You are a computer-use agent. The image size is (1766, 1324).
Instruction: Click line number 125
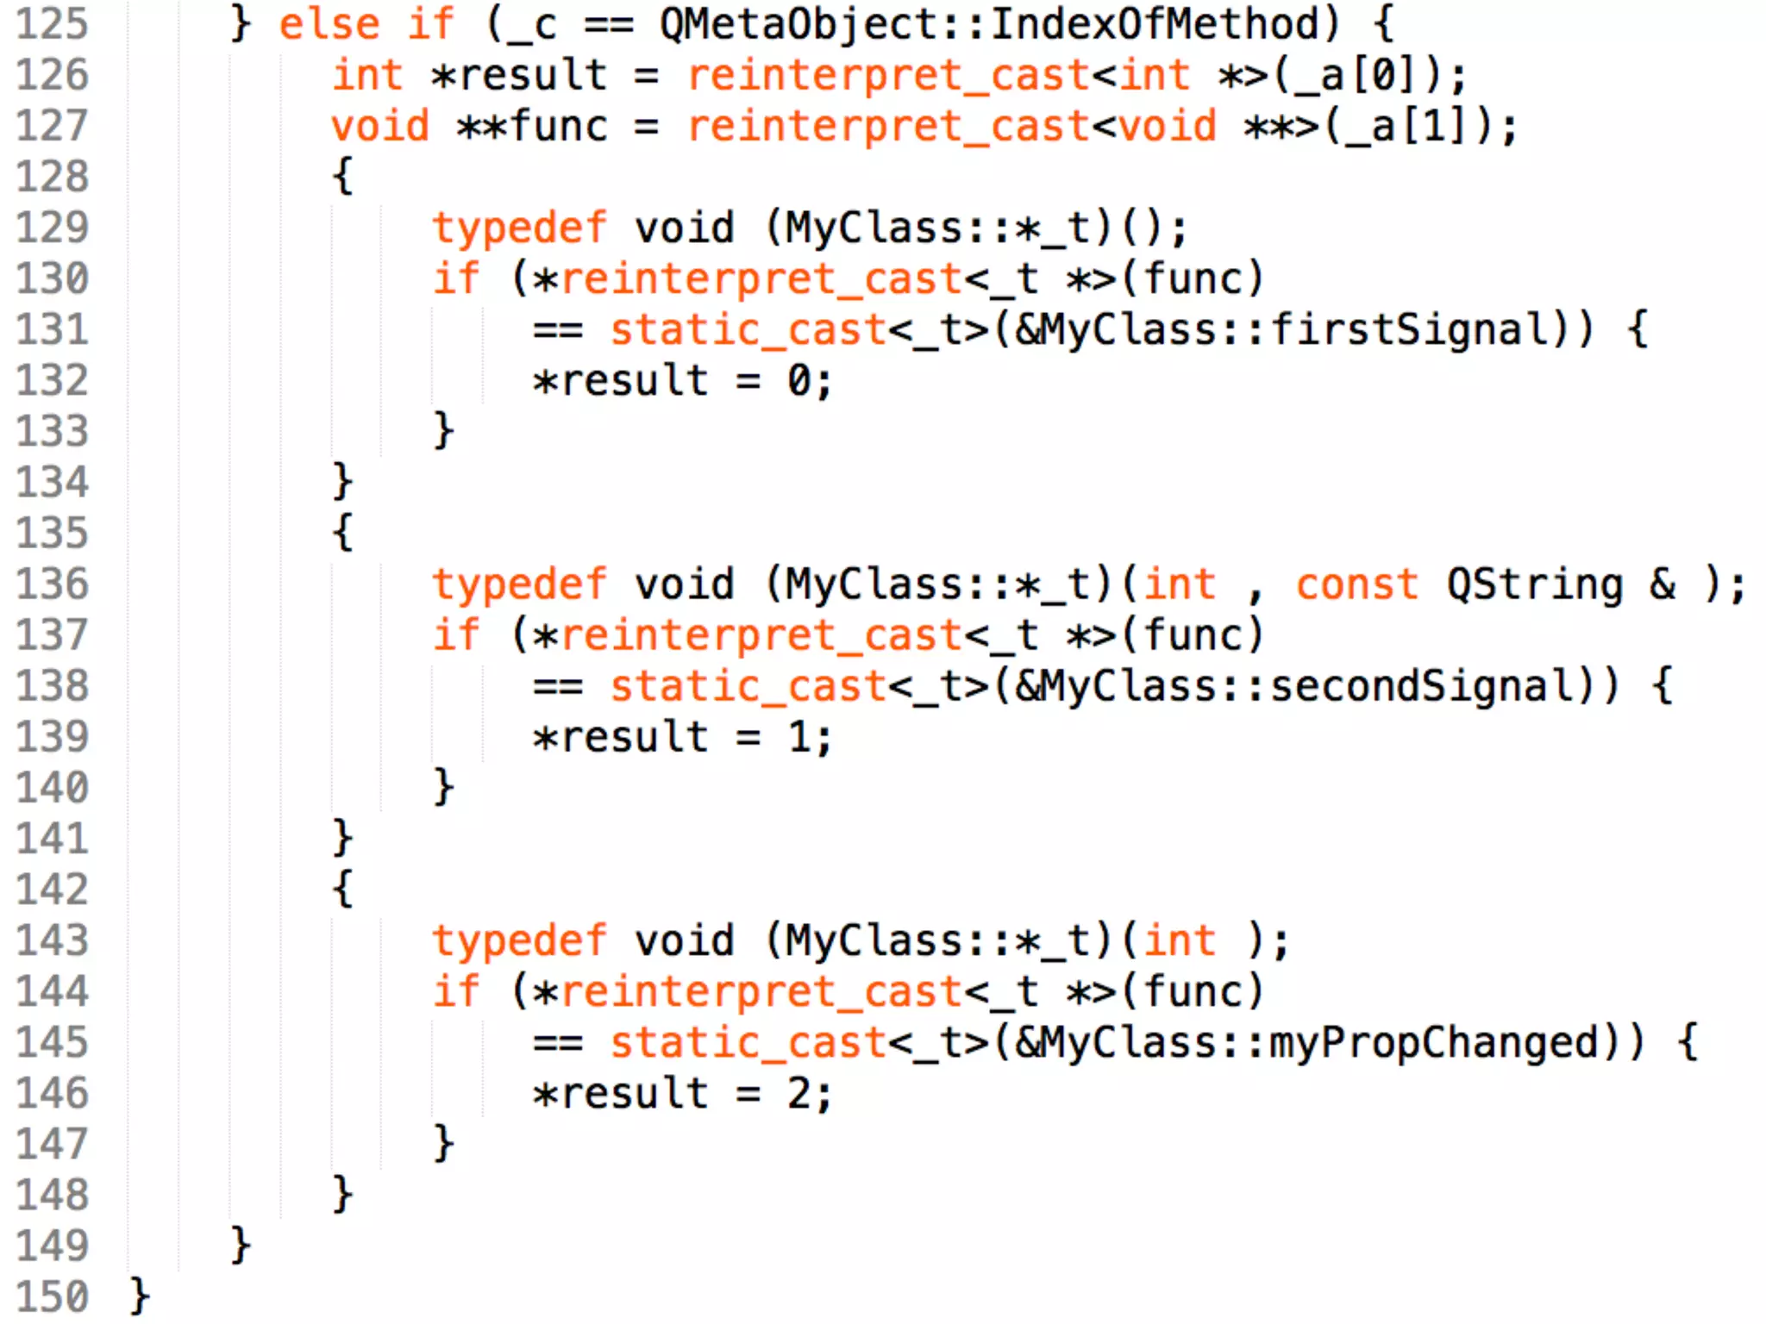coord(53,24)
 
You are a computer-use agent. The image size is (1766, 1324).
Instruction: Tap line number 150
coord(53,1296)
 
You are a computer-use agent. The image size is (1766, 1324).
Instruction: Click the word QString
coord(1534,584)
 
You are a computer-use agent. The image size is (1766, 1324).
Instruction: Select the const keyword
coord(1356,584)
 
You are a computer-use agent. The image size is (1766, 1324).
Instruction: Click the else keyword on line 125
coord(329,24)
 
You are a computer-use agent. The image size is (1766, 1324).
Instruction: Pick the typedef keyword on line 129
coord(519,228)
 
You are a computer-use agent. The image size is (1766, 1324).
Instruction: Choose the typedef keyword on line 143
coord(519,940)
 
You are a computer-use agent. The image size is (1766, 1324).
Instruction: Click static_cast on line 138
coord(748,686)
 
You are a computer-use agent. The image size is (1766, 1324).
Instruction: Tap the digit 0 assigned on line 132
coord(799,381)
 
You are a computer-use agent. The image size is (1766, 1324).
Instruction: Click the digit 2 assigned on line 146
coord(799,1094)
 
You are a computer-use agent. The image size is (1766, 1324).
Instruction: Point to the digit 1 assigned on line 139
coord(799,738)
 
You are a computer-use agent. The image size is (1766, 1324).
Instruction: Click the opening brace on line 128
coord(343,177)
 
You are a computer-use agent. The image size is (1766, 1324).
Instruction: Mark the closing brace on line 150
coord(140,1296)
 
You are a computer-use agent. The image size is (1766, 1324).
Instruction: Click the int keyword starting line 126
coord(367,76)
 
